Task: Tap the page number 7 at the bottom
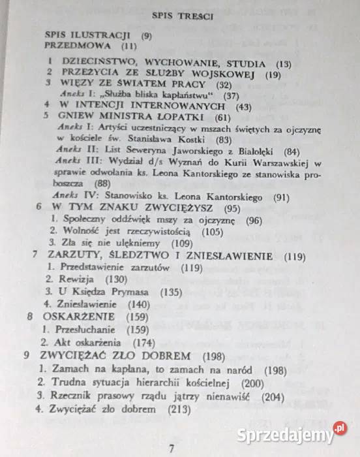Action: [171, 449]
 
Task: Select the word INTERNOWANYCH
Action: [185, 106]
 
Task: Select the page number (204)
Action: [274, 396]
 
